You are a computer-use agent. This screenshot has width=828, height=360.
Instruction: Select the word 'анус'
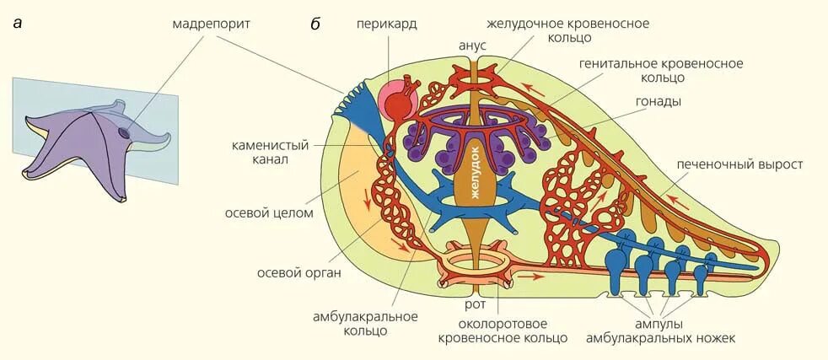click(472, 45)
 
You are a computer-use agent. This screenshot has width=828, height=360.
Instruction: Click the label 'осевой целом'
click(269, 213)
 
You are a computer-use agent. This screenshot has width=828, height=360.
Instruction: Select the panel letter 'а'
click(17, 24)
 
